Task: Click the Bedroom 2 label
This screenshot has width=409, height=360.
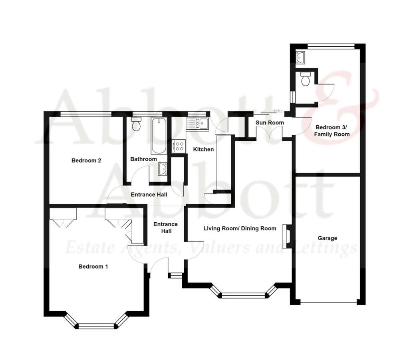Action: pyautogui.click(x=86, y=160)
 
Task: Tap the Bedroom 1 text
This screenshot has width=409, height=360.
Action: pyautogui.click(x=93, y=266)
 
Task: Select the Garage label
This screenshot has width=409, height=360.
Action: pyautogui.click(x=327, y=238)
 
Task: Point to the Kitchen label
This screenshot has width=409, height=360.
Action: pyautogui.click(x=203, y=149)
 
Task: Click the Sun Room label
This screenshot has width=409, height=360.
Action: pyautogui.click(x=270, y=123)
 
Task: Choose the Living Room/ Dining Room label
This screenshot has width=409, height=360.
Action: pyautogui.click(x=240, y=229)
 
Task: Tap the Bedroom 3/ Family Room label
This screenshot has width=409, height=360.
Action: pyautogui.click(x=332, y=131)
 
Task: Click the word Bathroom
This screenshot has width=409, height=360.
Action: pyautogui.click(x=144, y=159)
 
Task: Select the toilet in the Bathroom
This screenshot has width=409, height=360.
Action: pyautogui.click(x=137, y=125)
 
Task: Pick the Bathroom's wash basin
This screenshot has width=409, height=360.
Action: pyautogui.click(x=162, y=170)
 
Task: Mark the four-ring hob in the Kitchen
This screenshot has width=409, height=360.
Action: pyautogui.click(x=179, y=146)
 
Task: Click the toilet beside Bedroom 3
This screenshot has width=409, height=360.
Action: pyautogui.click(x=306, y=79)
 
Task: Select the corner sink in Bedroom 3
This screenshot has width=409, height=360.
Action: pyautogui.click(x=300, y=57)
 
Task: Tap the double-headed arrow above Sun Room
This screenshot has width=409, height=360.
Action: pyautogui.click(x=276, y=111)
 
